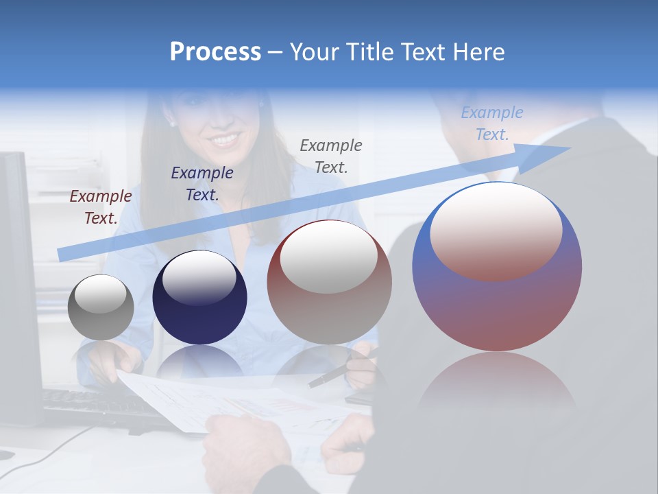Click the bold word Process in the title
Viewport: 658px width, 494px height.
pos(215,52)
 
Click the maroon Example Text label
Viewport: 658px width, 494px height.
pos(100,207)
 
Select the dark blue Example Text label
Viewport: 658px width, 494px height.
pos(202,184)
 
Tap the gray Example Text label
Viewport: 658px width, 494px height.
pos(330,156)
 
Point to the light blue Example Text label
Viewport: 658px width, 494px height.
pos(491,123)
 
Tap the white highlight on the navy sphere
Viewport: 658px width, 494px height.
pos(199,279)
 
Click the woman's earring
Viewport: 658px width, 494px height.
pos(171,124)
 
